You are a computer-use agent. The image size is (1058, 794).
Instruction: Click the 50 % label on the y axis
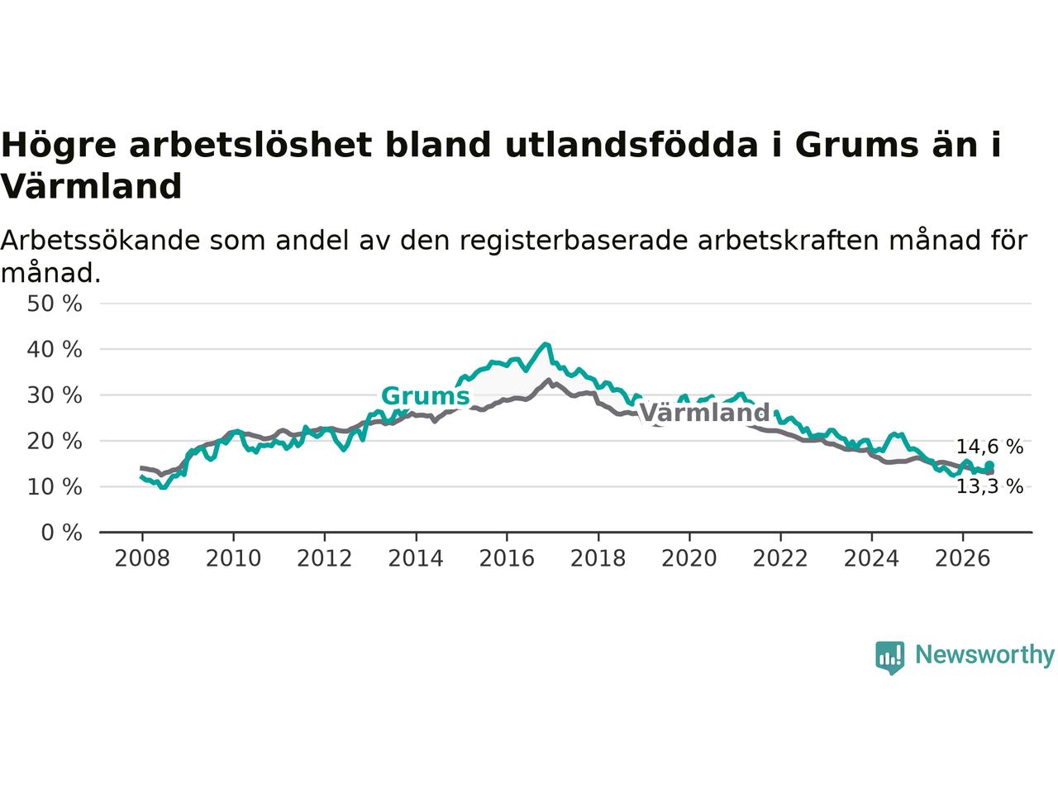[x=55, y=304]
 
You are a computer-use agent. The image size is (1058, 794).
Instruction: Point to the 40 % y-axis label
[x=55, y=350]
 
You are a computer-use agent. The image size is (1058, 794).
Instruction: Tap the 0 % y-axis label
[x=62, y=533]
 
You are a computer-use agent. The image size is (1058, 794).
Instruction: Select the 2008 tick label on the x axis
[x=142, y=559]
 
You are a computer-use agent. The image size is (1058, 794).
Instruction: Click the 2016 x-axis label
[x=507, y=559]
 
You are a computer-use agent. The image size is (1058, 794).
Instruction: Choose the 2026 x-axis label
[x=963, y=559]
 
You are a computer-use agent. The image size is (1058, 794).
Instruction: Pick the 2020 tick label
[x=689, y=559]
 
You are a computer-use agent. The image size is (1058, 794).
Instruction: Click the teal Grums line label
[x=425, y=396]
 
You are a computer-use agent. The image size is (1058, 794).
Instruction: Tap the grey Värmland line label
[x=704, y=413]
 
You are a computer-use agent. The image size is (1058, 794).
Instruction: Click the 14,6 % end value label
[x=989, y=447]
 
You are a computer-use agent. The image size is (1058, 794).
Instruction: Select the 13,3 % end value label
[x=989, y=487]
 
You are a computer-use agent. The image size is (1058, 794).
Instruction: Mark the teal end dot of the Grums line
[x=989, y=465]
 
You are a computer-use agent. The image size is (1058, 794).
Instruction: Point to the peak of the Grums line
[x=546, y=344]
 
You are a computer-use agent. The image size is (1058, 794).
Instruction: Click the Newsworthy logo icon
[x=889, y=658]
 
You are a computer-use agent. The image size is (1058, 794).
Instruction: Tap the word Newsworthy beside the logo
[x=984, y=655]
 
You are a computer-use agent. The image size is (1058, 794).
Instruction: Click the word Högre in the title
[x=59, y=146]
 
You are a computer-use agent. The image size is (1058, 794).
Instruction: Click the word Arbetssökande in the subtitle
[x=100, y=240]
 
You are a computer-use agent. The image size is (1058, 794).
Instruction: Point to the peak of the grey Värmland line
[x=548, y=380]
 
